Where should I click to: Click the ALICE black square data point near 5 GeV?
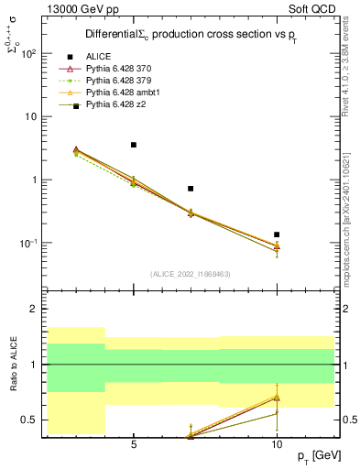(x=134, y=145)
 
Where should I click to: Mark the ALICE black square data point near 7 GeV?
(x=191, y=189)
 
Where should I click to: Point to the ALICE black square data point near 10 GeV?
(x=277, y=234)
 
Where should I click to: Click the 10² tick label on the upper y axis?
(x=28, y=53)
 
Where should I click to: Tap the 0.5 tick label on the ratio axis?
(x=27, y=420)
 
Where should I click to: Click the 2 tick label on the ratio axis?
(x=32, y=310)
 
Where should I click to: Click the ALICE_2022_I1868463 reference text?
(x=191, y=273)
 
